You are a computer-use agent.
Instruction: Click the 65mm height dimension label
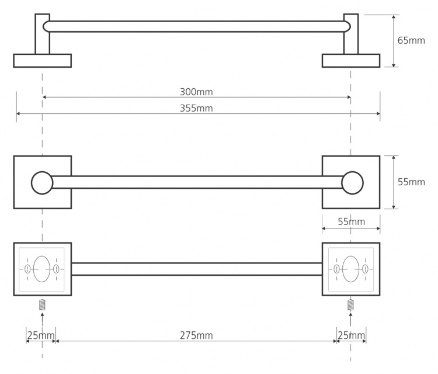click(411, 40)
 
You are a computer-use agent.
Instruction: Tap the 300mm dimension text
click(196, 92)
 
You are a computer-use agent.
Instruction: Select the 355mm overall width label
click(196, 108)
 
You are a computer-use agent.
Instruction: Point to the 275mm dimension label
click(196, 335)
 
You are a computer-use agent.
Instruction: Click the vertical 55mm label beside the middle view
click(411, 182)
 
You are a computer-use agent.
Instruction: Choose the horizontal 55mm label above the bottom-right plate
click(352, 221)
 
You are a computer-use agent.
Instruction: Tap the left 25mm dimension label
click(41, 335)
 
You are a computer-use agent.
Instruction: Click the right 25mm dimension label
click(352, 335)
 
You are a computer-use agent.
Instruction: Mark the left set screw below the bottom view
click(42, 304)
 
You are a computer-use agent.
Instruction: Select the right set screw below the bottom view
click(350, 304)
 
